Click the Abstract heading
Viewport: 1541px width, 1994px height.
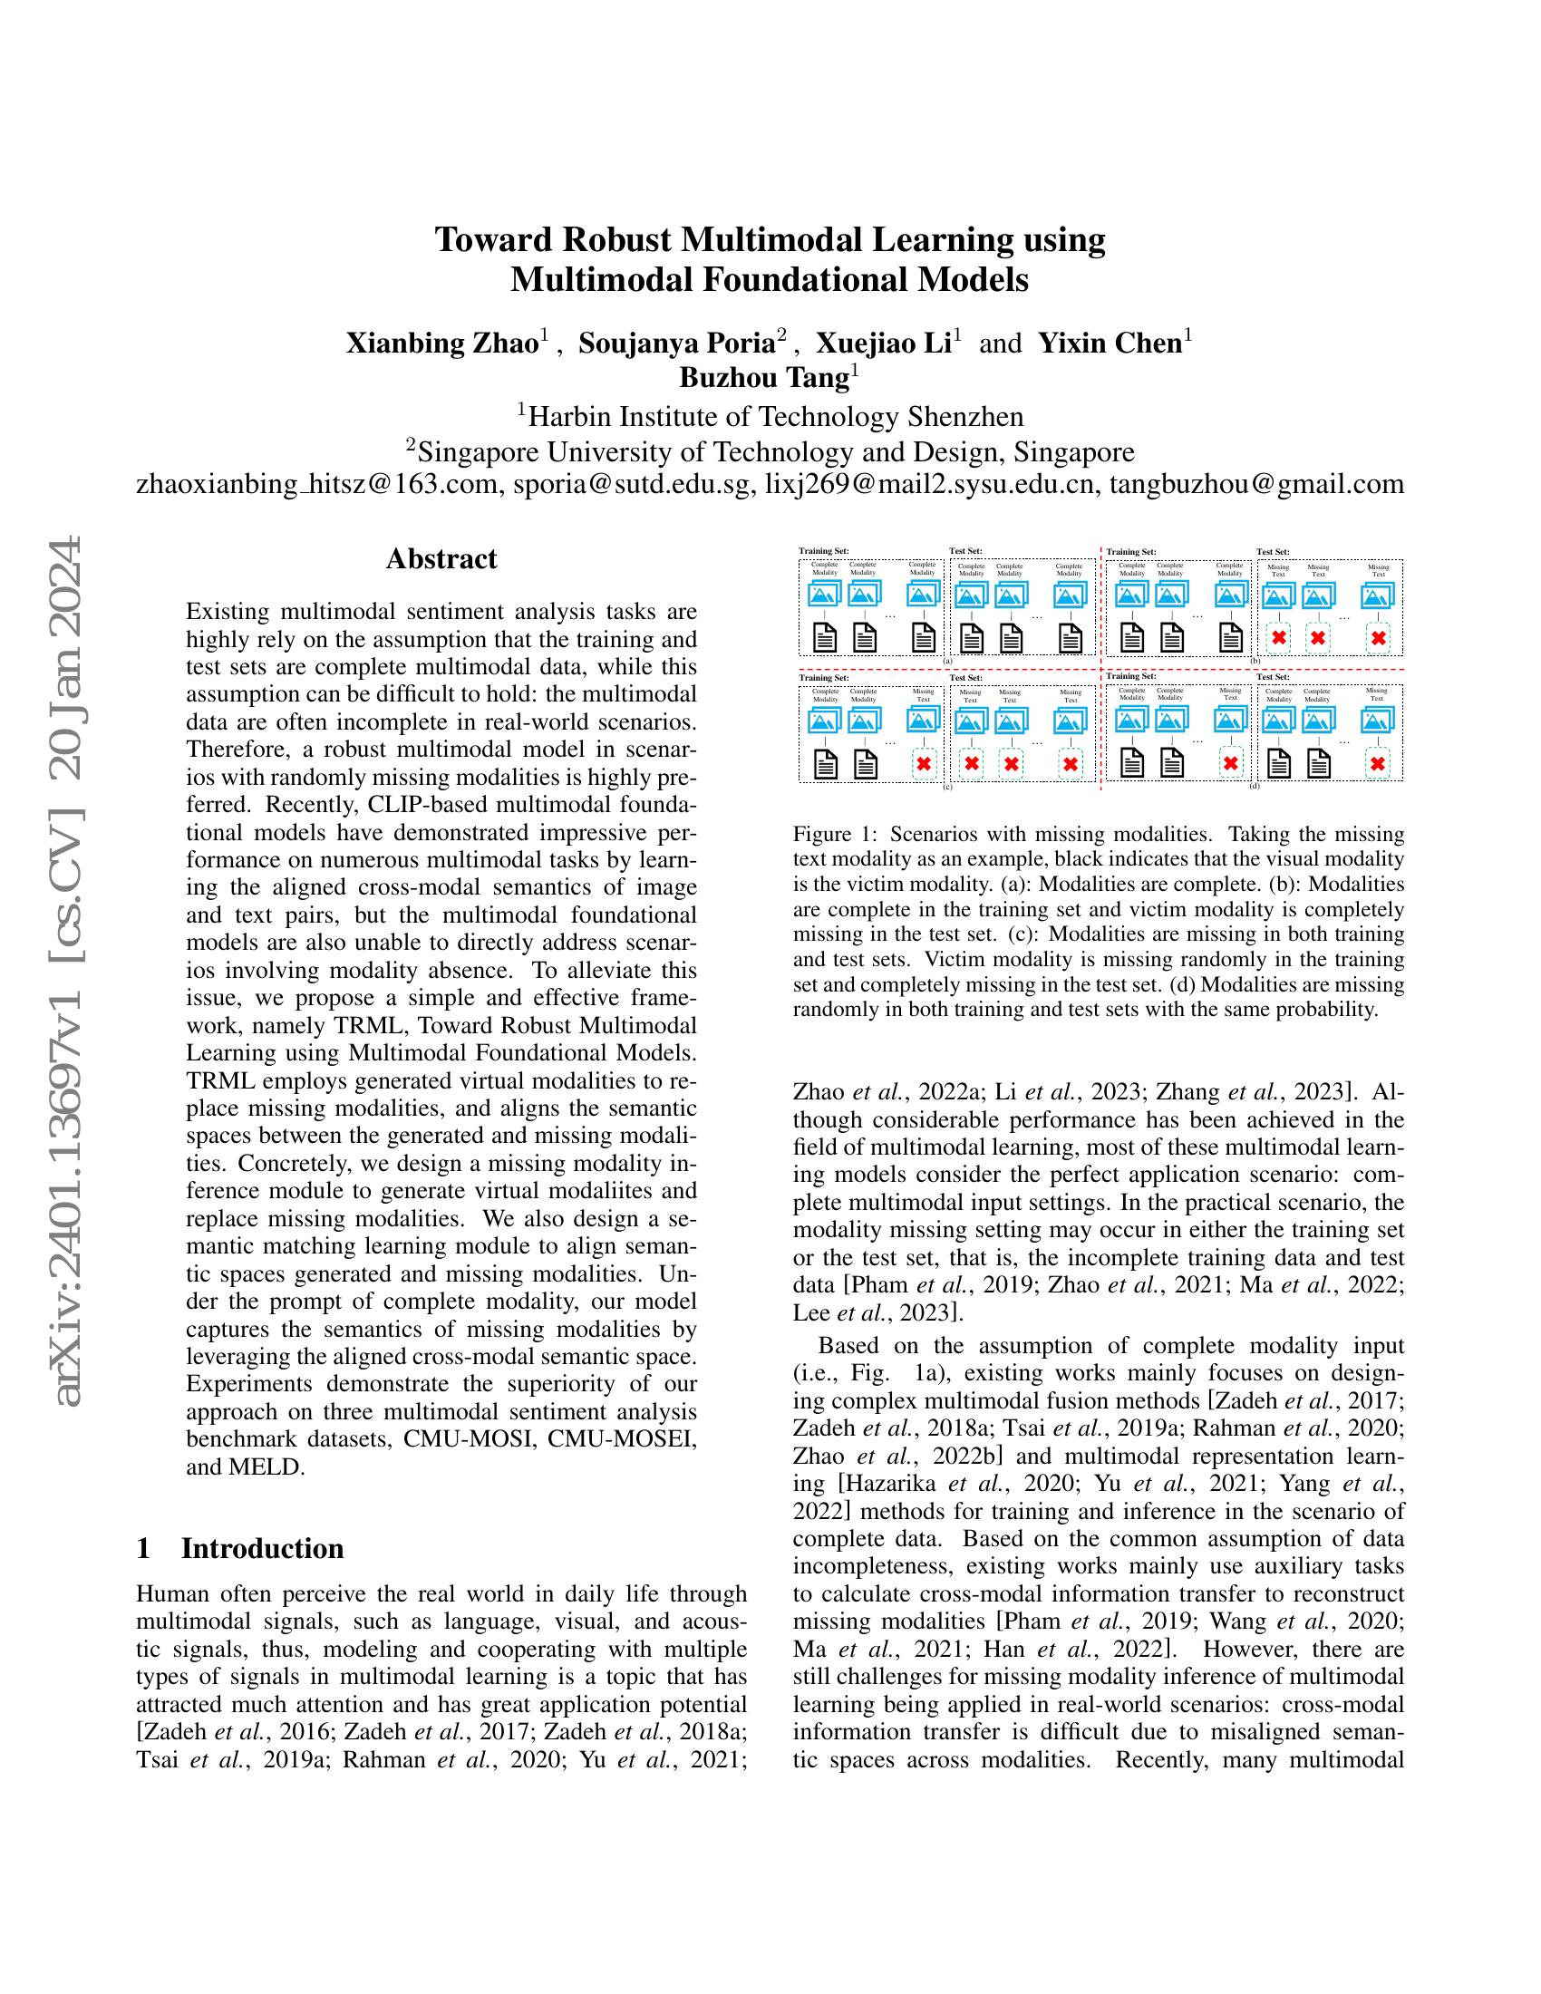pyautogui.click(x=441, y=558)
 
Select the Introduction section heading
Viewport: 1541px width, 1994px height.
pyautogui.click(x=262, y=1548)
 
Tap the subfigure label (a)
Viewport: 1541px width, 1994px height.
pyautogui.click(x=947, y=660)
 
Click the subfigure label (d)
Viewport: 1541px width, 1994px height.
pyautogui.click(x=1255, y=785)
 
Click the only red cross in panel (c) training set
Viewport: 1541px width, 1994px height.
pyautogui.click(x=924, y=763)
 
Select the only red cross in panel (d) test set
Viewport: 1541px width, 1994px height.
pyautogui.click(x=1378, y=763)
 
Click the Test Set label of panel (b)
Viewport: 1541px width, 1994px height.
pyautogui.click(x=1273, y=551)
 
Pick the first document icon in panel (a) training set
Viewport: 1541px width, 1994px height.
pyautogui.click(x=824, y=637)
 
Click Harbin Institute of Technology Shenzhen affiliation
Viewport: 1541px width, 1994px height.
pyautogui.click(x=770, y=416)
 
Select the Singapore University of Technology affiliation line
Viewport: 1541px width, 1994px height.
pyautogui.click(x=770, y=451)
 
